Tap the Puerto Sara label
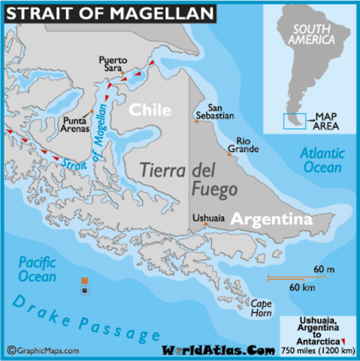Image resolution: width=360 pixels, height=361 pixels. tap(114, 63)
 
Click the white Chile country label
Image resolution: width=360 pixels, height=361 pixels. tap(150, 110)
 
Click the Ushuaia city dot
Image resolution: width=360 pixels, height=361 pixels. tap(205, 223)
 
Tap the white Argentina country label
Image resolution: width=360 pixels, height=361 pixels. tap(271, 219)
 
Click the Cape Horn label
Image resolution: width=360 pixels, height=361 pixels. tap(261, 308)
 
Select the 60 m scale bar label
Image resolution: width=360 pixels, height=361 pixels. tap(324, 269)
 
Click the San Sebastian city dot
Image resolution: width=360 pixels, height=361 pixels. tap(197, 122)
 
